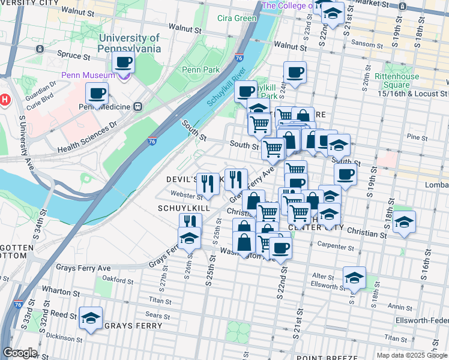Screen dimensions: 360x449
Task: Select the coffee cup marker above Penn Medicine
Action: coord(97,93)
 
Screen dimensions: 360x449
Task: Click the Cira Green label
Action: coord(237,18)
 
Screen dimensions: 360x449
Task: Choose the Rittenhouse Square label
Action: coord(397,81)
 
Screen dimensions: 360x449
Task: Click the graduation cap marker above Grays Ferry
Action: coord(91,317)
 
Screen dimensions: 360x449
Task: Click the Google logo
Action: coord(20,353)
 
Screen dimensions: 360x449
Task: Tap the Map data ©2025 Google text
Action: coord(412,355)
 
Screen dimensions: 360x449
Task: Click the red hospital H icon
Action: coord(5,99)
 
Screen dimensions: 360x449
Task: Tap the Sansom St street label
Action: coord(366,43)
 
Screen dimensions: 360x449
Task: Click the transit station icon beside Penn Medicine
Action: coord(137,106)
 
